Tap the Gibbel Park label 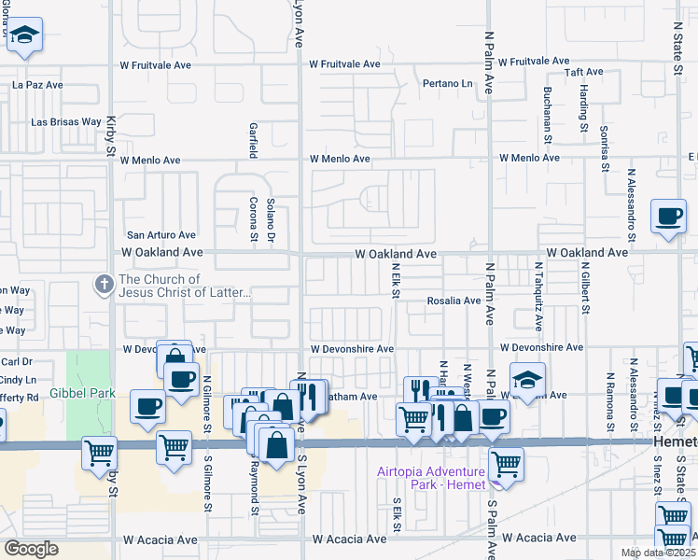pos(82,393)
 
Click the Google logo pos(31,548)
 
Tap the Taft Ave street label pos(584,72)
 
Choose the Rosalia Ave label pos(454,301)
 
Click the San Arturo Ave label pos(161,235)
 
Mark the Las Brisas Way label pos(66,121)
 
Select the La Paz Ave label pos(37,84)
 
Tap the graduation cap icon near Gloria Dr pos(26,35)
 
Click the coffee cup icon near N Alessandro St pos(668,216)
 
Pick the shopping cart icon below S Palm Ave pos(505,462)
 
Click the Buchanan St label pos(546,109)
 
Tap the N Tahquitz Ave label pos(538,297)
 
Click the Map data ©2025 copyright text pos(658,553)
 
